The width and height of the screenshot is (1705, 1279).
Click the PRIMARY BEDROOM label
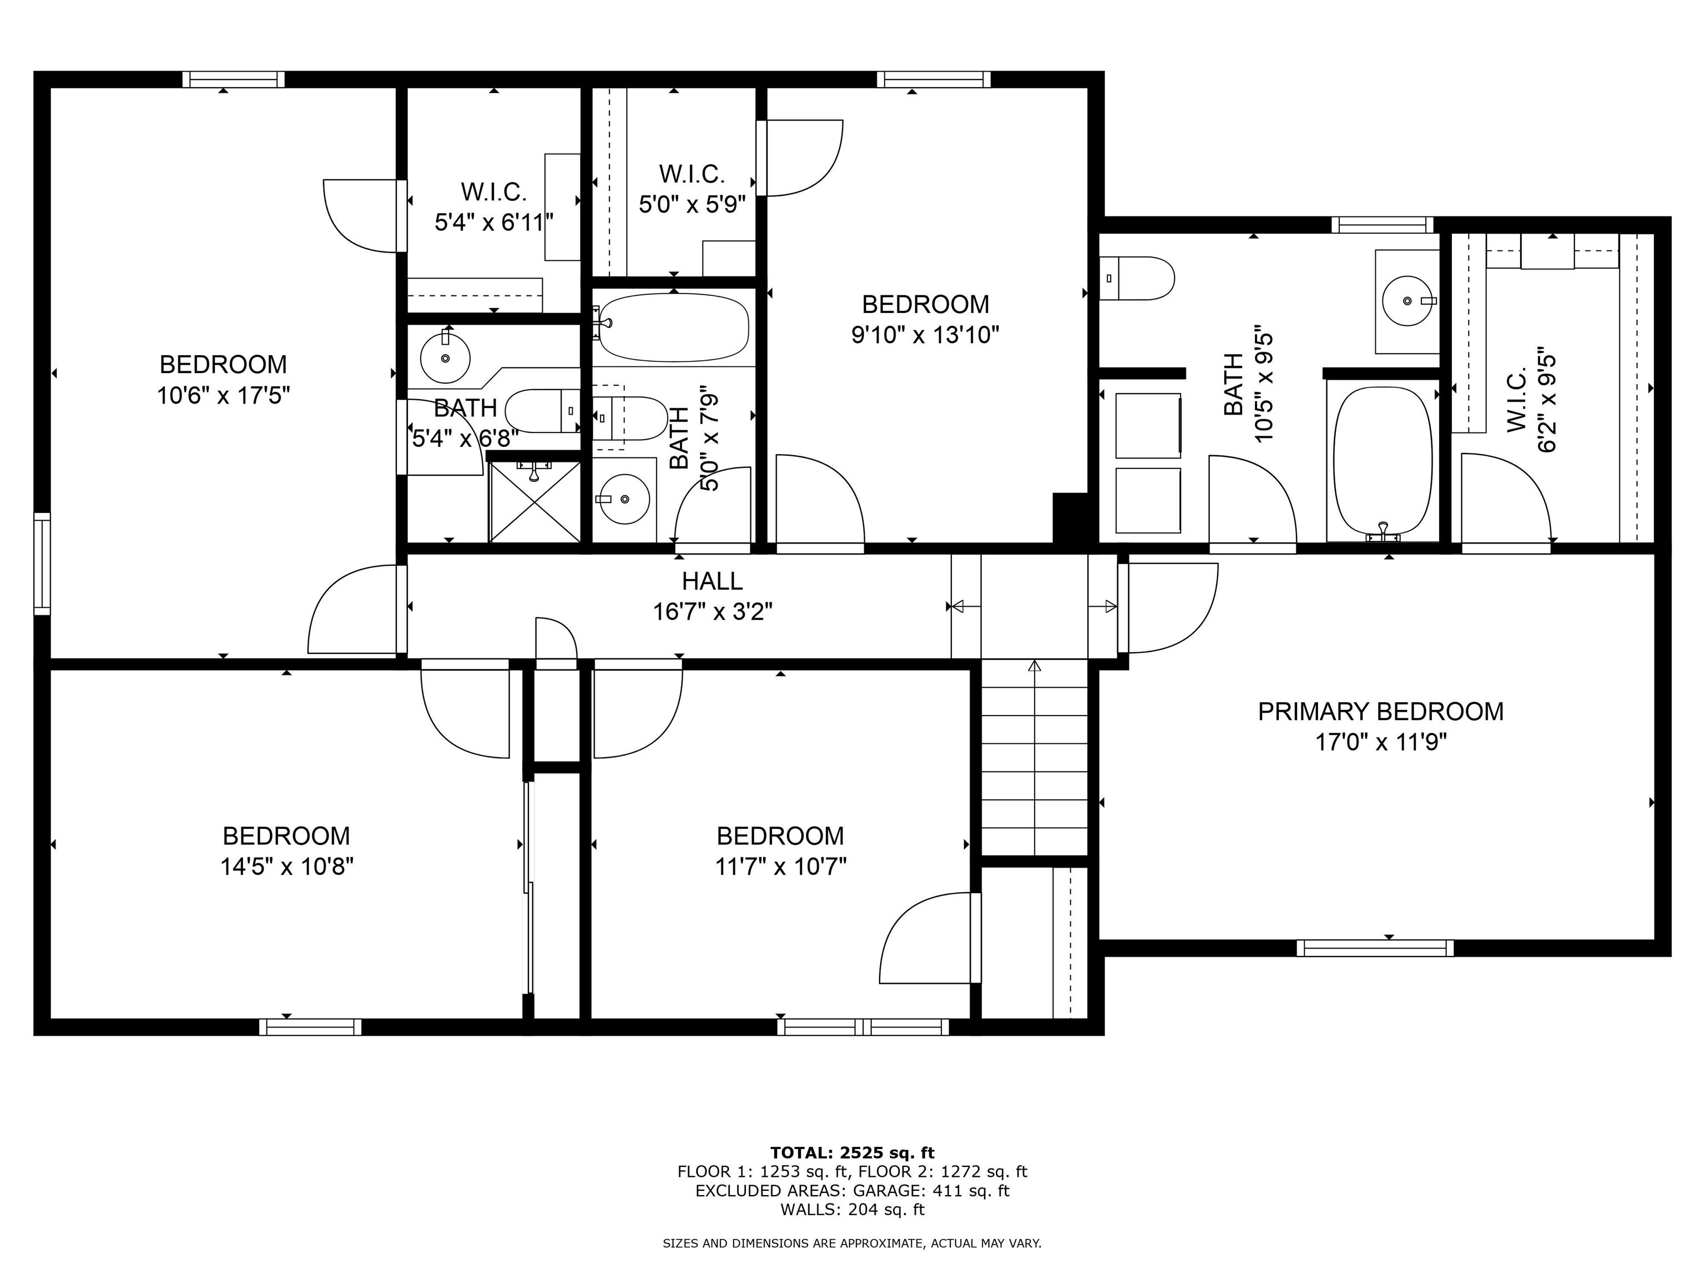pyautogui.click(x=1380, y=711)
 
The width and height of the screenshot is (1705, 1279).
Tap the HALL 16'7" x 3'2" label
pyautogui.click(x=712, y=596)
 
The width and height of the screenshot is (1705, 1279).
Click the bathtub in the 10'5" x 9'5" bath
pyautogui.click(x=1383, y=460)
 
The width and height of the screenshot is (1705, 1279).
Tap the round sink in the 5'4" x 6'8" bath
pyautogui.click(x=445, y=357)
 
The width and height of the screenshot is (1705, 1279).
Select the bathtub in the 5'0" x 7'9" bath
pyautogui.click(x=673, y=327)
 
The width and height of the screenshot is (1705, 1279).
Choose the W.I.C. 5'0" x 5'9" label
pyautogui.click(x=692, y=189)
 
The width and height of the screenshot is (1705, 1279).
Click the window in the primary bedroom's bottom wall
pyautogui.click(x=1375, y=948)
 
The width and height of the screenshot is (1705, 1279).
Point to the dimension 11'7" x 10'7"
pyautogui.click(x=780, y=867)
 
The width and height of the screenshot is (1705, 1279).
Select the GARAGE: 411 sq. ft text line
pyautogui.click(x=852, y=1190)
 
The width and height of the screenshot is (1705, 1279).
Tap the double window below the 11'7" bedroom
pyautogui.click(x=862, y=1027)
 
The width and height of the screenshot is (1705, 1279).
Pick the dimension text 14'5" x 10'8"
pyautogui.click(x=287, y=867)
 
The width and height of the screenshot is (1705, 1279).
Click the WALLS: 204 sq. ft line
pyautogui.click(x=852, y=1210)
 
